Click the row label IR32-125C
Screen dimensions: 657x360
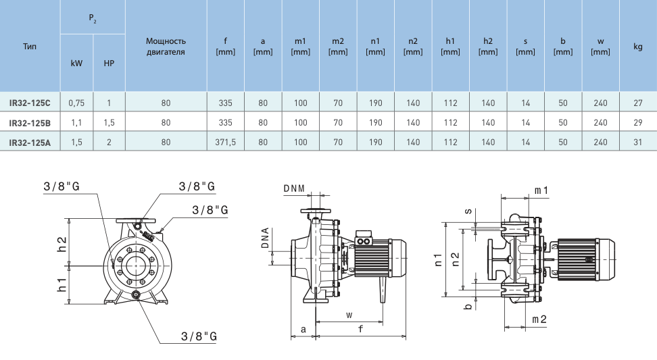point(30,103)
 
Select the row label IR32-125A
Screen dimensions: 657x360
point(30,143)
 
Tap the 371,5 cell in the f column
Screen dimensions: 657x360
point(226,143)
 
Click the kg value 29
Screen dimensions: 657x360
point(637,123)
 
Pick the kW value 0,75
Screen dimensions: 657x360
point(76,103)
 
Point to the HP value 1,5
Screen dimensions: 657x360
point(109,123)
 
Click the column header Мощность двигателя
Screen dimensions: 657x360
point(166,47)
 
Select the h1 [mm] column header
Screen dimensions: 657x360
point(450,47)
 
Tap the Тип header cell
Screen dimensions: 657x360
point(30,46)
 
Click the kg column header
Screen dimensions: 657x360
point(637,47)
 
